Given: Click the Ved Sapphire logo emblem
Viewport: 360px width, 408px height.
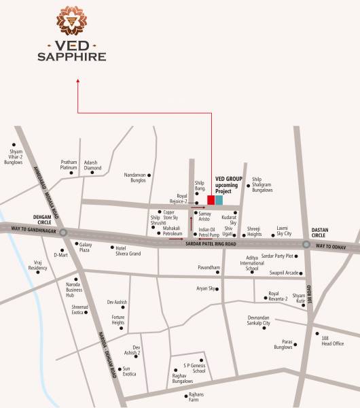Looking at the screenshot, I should [x=73, y=21].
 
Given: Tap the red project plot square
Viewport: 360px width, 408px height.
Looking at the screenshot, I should [x=211, y=200].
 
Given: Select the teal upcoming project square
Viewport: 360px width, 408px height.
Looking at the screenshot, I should [x=219, y=200].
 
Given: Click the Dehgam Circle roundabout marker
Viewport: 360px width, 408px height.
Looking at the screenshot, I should [x=63, y=233].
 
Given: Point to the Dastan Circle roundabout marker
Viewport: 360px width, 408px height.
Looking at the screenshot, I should [x=306, y=244].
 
